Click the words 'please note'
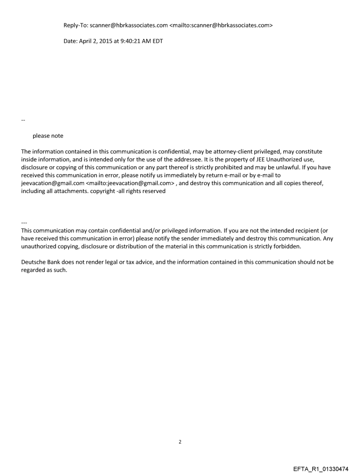pyautogui.click(x=48, y=136)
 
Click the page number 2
pyautogui.click(x=180, y=441)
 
